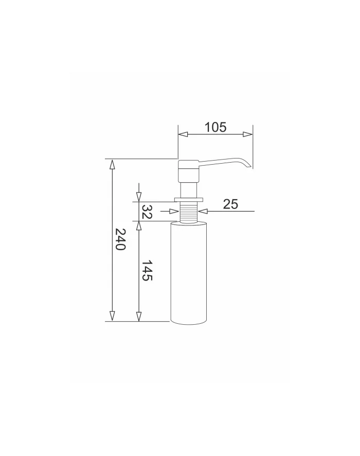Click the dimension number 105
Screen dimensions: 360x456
[x=215, y=127]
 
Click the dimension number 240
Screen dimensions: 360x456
[x=120, y=239]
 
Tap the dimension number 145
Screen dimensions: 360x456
[x=147, y=270]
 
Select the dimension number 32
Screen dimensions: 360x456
[x=147, y=212]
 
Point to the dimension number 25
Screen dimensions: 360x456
[x=230, y=204]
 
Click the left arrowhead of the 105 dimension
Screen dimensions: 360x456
[x=183, y=134]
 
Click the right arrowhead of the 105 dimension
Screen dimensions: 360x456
[x=248, y=134]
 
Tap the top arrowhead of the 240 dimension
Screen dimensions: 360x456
[x=112, y=164]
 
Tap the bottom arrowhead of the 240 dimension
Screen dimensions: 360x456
[x=112, y=316]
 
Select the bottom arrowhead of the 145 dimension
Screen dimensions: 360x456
[x=139, y=316]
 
